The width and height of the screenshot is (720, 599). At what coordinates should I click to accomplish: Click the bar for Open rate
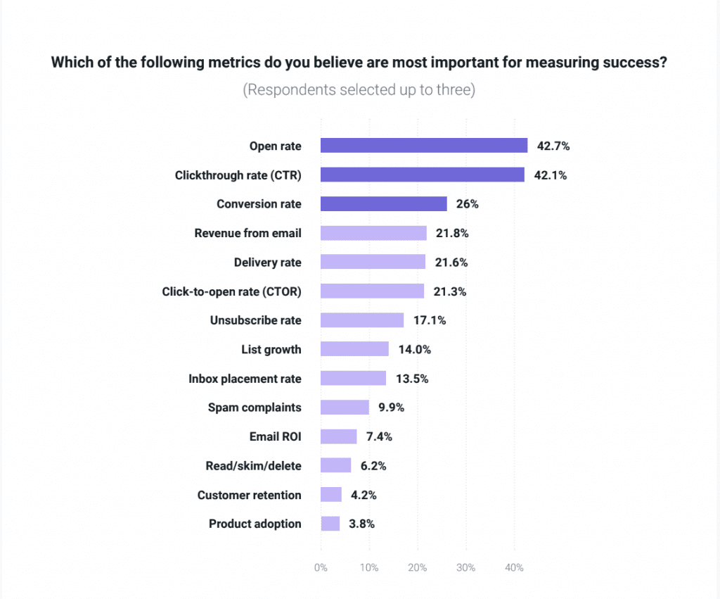click(424, 146)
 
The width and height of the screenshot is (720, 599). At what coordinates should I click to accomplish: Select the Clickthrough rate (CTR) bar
click(422, 175)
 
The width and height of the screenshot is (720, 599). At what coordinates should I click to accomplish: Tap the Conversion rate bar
click(383, 204)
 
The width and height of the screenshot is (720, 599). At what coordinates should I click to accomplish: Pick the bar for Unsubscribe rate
click(362, 320)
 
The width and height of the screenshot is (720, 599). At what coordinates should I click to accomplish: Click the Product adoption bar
click(330, 524)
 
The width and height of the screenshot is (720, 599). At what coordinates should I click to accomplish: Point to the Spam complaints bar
click(345, 408)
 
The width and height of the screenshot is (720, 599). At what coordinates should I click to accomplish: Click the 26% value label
click(467, 204)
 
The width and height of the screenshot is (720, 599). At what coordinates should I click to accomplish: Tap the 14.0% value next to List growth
click(414, 350)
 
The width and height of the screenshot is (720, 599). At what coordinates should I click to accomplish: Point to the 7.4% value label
click(378, 437)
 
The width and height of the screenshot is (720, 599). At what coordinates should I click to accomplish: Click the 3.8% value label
click(361, 524)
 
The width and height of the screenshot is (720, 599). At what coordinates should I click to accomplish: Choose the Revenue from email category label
click(247, 233)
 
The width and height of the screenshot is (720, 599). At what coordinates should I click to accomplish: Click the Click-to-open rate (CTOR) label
click(231, 291)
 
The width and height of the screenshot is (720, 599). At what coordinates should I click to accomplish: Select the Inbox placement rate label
click(245, 379)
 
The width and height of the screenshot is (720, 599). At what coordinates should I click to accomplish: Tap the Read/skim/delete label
click(253, 466)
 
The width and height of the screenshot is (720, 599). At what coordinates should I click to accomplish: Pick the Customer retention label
click(249, 495)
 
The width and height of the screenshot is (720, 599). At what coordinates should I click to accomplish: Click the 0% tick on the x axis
click(321, 567)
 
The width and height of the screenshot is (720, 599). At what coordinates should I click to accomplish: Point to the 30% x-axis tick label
click(465, 567)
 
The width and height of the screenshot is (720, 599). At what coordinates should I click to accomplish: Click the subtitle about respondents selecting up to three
click(359, 91)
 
